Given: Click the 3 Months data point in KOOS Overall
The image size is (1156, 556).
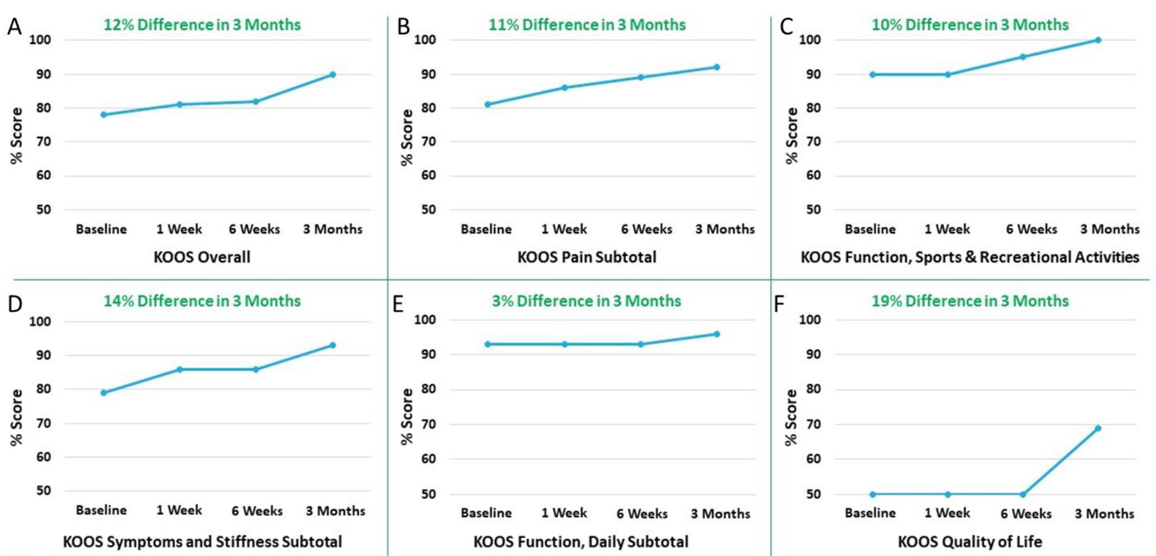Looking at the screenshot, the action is tap(333, 74).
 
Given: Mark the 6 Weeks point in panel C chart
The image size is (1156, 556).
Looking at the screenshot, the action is tap(1023, 57).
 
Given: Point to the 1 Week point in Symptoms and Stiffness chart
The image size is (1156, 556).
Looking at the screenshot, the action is tap(179, 369).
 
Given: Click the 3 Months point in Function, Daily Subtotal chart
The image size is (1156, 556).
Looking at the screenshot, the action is tap(717, 334).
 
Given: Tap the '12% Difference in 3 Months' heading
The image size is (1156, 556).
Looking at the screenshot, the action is tap(203, 25).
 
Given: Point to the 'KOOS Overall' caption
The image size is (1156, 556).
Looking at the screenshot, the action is tap(202, 257).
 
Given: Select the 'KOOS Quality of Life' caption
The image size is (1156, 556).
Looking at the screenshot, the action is tap(970, 542).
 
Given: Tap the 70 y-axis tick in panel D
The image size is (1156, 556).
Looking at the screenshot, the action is tap(44, 423).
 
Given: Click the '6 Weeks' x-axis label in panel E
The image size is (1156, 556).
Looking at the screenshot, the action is tap(642, 513).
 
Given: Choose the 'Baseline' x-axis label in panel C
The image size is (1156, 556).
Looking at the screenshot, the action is tap(870, 229).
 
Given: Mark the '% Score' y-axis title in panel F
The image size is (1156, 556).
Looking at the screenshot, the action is tap(791, 417).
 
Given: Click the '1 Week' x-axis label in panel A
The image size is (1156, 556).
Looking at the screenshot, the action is tap(179, 229).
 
